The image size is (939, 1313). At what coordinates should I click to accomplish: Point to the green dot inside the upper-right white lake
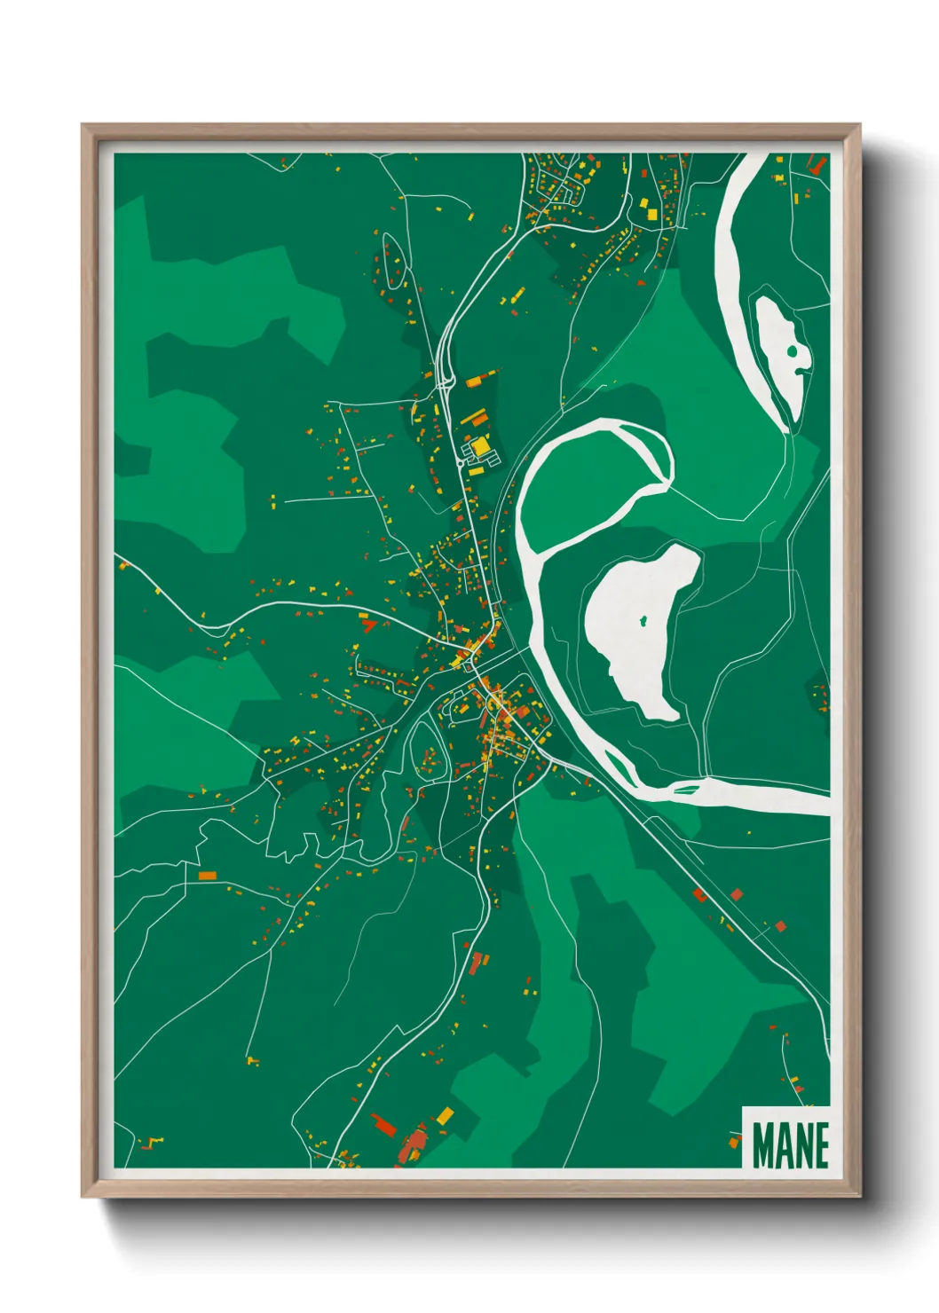click(792, 351)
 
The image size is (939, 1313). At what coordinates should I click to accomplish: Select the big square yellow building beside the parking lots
click(480, 446)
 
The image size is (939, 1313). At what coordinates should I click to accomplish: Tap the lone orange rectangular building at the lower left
click(207, 876)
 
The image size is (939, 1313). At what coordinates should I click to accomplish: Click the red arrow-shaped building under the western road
click(367, 625)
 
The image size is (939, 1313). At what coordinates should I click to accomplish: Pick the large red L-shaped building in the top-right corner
click(817, 165)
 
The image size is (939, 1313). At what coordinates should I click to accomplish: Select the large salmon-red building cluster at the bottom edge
click(412, 1144)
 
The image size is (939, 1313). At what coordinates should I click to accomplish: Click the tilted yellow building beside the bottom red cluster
click(445, 1114)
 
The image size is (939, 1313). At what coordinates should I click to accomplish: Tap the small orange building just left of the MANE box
click(733, 1143)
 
